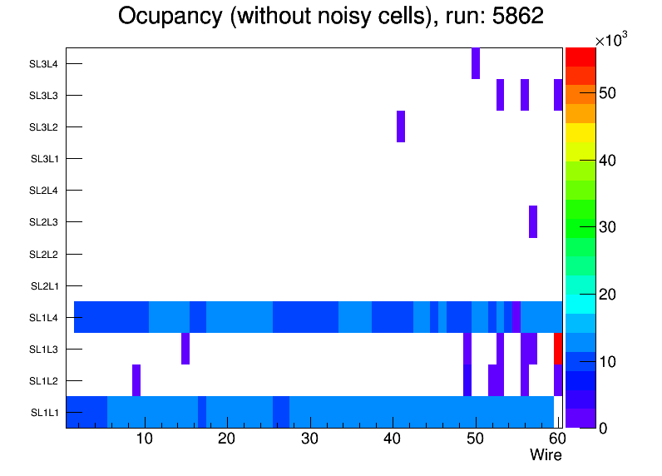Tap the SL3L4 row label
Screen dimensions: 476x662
(x=44, y=64)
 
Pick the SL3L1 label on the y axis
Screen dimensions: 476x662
(x=44, y=159)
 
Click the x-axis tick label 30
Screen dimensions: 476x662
(x=309, y=439)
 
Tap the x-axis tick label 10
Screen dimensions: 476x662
(x=145, y=439)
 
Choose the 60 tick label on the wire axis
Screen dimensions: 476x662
(x=556, y=439)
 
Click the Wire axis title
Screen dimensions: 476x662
(x=546, y=455)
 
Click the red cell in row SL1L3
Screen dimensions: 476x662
(x=558, y=349)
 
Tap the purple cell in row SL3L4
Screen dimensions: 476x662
(x=476, y=64)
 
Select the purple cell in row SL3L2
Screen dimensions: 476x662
(x=401, y=126)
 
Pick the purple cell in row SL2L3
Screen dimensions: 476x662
(x=533, y=221)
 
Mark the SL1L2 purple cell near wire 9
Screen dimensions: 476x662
(x=136, y=380)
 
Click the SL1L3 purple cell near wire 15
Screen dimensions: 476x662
(x=185, y=349)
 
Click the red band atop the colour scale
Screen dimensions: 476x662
(x=580, y=57)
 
